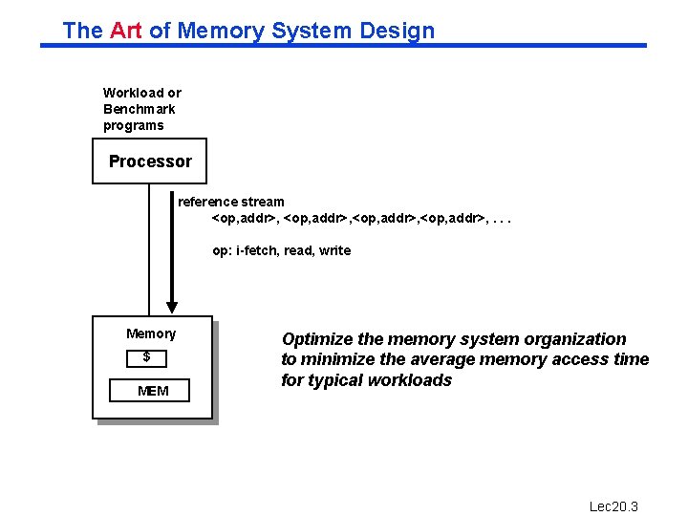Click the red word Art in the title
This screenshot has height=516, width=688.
126,31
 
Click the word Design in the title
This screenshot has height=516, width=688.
397,31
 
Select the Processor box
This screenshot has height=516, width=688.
150,161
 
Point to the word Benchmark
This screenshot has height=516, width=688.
140,109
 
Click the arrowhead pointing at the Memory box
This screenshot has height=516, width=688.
172,307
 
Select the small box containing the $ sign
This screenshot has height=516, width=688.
147,357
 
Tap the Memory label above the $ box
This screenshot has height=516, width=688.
151,333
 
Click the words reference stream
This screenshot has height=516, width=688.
231,202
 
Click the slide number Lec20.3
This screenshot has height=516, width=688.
613,506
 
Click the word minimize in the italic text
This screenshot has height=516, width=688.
338,359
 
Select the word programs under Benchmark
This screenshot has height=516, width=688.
134,125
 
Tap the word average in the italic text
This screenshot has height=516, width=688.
443,359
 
